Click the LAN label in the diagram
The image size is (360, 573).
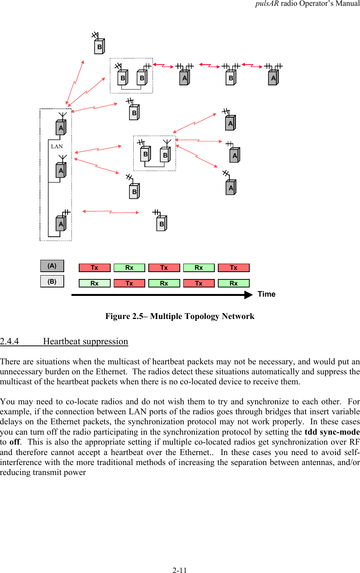pos(56,146)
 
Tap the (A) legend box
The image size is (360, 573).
pos(52,266)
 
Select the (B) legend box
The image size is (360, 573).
pos(52,281)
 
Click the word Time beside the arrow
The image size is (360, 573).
pos(266,294)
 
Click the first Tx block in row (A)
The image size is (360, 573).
pos(95,268)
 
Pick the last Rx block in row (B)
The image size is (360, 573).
pos(234,283)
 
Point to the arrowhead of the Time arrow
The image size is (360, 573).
pos(249,295)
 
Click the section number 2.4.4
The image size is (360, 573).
pos(9,341)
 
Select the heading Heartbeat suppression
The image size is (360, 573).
pos(85,341)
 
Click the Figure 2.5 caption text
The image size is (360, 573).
pos(180,316)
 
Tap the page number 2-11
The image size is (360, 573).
pos(179,570)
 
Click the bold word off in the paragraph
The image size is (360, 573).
pos(15,442)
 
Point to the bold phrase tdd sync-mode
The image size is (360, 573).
pos(332,432)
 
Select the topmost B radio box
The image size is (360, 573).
pos(99,47)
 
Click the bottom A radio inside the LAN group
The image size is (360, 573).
pos(61,224)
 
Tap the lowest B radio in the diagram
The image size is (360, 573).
pos(161,224)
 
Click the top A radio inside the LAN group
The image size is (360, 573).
pos(61,128)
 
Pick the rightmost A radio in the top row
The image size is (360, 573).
pos(273,78)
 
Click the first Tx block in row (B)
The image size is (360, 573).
pos(129,283)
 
